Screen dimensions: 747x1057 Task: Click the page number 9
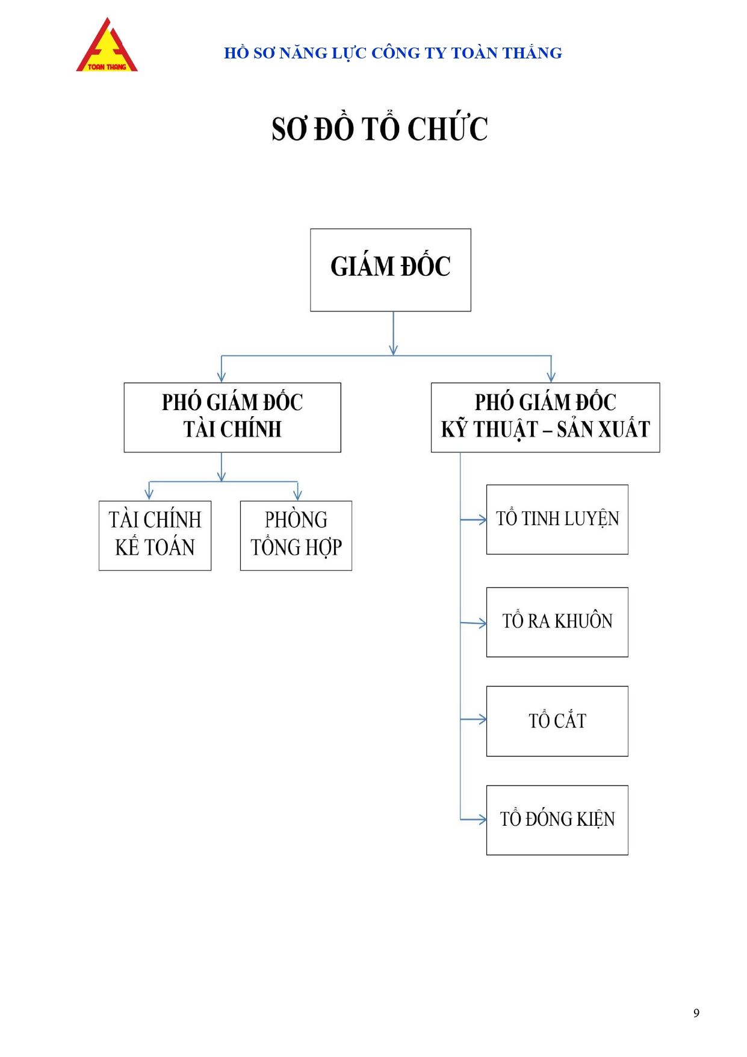(696, 1013)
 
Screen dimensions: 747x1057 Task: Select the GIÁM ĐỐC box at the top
(391, 270)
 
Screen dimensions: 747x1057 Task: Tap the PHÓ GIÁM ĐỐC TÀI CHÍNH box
(232, 417)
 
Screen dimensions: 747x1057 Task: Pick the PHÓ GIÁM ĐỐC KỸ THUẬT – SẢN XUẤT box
(545, 417)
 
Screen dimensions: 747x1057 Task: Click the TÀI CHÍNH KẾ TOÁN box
(155, 535)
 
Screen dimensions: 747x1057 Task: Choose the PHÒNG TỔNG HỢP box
(296, 535)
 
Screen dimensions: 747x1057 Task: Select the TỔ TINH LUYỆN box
(557, 519)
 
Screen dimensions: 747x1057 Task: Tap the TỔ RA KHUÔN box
(557, 622)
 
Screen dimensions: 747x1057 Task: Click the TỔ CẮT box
(557, 721)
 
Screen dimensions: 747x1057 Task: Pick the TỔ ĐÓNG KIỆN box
(557, 820)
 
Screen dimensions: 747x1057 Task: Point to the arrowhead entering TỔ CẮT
(482, 719)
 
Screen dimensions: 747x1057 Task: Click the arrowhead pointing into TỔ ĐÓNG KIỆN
(482, 819)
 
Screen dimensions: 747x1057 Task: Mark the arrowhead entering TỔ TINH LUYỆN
(482, 519)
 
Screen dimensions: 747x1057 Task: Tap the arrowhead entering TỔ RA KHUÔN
(482, 623)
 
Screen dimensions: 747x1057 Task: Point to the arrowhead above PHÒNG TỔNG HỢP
(297, 496)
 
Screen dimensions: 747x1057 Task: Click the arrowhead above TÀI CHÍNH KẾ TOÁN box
(149, 496)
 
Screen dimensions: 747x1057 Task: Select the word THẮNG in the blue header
(532, 53)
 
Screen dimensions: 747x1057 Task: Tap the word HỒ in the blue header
(237, 53)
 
